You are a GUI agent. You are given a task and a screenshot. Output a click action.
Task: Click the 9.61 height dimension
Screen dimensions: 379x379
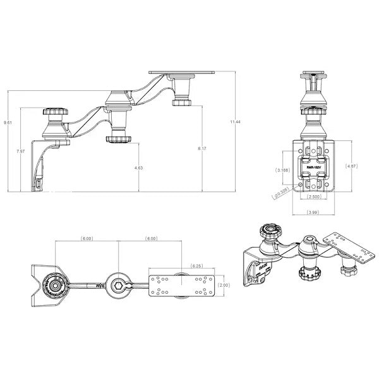(7, 122)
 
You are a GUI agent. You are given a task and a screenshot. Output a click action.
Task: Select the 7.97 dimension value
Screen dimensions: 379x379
(20, 152)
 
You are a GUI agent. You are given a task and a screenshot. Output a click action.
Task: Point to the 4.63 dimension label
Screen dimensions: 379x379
(138, 168)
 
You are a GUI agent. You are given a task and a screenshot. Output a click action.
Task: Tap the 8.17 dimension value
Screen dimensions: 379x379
(202, 148)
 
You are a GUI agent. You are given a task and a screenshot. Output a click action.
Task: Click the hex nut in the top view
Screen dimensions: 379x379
(119, 286)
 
